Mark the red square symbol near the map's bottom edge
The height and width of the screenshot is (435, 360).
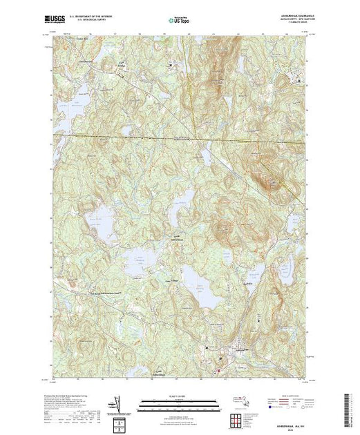(x=219, y=373)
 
